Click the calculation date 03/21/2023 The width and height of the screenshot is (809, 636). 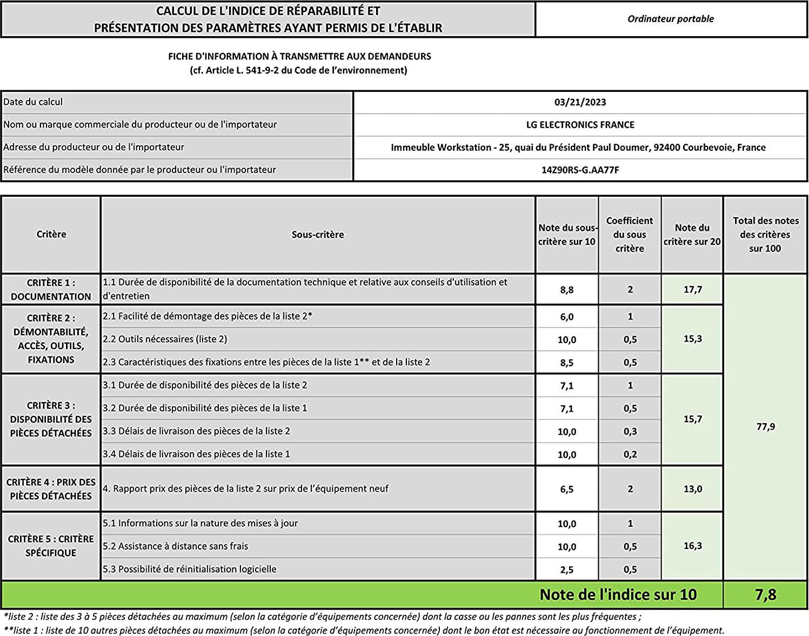click(x=580, y=102)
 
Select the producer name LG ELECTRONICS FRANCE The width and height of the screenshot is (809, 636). click(x=580, y=125)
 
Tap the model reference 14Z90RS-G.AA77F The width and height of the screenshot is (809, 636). click(x=580, y=170)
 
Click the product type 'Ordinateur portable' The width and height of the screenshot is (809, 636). click(x=670, y=19)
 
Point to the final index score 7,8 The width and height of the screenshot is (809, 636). click(x=765, y=595)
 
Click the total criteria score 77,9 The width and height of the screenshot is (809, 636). click(x=765, y=427)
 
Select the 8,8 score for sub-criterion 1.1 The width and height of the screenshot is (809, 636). click(x=566, y=290)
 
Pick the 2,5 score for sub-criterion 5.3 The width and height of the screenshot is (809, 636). click(x=566, y=570)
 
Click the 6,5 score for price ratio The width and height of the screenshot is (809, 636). click(x=566, y=489)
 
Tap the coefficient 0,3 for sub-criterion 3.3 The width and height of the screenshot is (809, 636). click(x=630, y=431)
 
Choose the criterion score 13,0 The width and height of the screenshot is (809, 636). click(x=692, y=489)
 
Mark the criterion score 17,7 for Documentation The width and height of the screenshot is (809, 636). click(x=692, y=290)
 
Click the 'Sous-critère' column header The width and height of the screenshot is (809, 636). click(x=318, y=235)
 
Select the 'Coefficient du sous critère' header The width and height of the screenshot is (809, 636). click(x=630, y=235)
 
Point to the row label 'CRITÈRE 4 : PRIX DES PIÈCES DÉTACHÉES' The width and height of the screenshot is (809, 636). click(x=51, y=489)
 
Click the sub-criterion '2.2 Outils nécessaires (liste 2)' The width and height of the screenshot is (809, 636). click(x=165, y=339)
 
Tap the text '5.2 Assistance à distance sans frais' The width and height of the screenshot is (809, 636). click(x=175, y=546)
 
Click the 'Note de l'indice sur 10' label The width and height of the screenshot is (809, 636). click(x=618, y=595)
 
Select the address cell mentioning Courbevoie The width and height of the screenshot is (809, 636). click(x=578, y=148)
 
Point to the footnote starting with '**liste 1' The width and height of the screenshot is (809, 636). click(x=363, y=630)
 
